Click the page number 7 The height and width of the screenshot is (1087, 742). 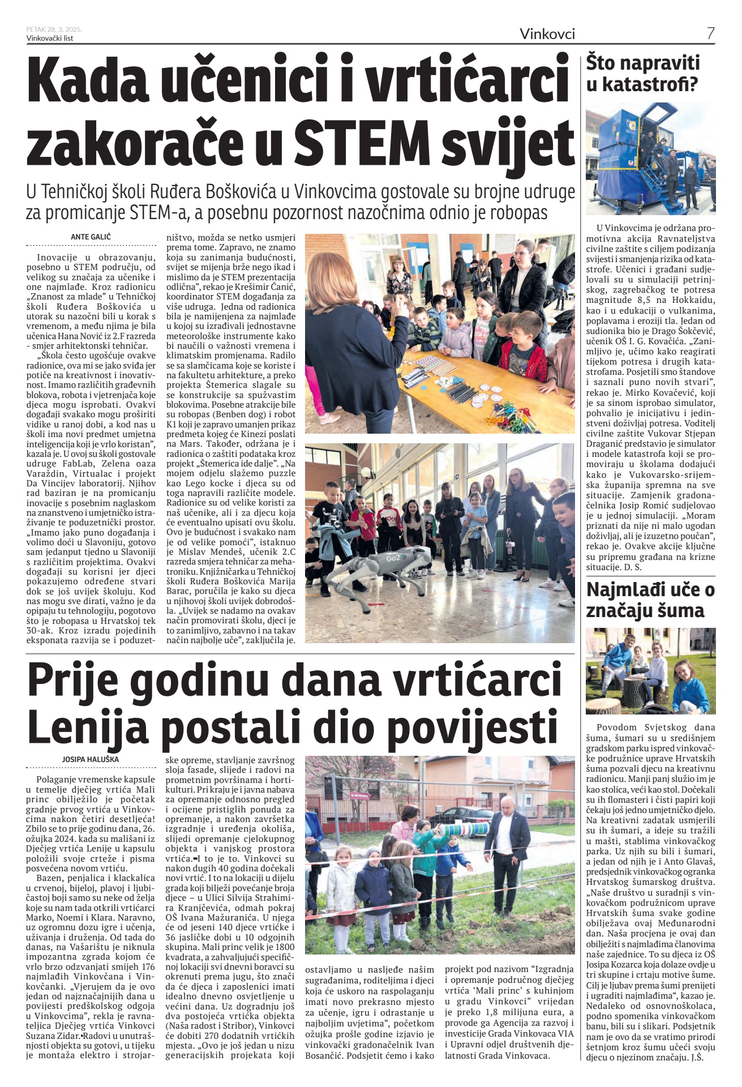point(710,33)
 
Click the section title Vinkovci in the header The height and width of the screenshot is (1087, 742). point(547,34)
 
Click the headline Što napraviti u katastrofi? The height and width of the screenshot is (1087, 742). point(642,74)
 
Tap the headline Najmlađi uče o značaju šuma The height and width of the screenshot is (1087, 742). point(650,600)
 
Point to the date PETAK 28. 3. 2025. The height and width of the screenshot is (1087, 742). point(54,29)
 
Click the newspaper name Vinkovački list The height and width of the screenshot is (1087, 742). point(50,38)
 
